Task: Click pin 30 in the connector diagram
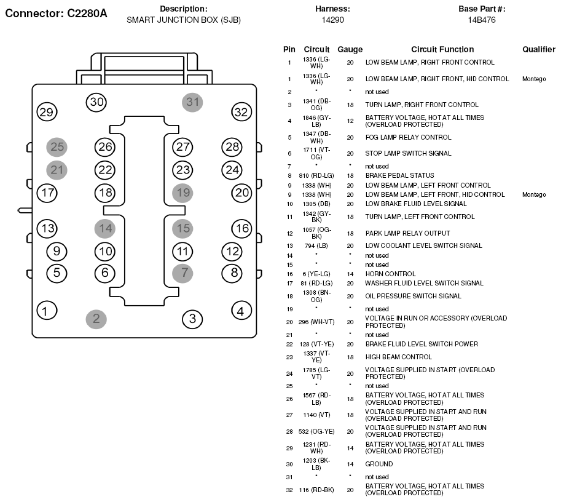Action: point(96,102)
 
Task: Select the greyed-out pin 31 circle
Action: point(192,102)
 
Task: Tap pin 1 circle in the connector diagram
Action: point(47,311)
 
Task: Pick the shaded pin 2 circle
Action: point(96,319)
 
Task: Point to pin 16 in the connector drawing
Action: point(242,229)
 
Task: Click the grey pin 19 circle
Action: point(182,193)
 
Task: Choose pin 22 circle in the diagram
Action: point(105,170)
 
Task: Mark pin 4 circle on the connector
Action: point(242,311)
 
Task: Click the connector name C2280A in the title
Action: point(87,14)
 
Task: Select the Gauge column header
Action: point(350,49)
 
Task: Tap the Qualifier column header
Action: point(539,49)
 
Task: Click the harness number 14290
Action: point(333,20)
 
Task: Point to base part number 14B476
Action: point(482,20)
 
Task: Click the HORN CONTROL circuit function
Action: point(390,274)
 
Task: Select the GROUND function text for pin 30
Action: point(379,464)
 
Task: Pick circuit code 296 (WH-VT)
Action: point(316,322)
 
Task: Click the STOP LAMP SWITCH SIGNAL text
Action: point(408,153)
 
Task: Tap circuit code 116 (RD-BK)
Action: point(316,490)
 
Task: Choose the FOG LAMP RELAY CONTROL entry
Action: point(408,137)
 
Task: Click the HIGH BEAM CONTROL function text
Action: point(399,357)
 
